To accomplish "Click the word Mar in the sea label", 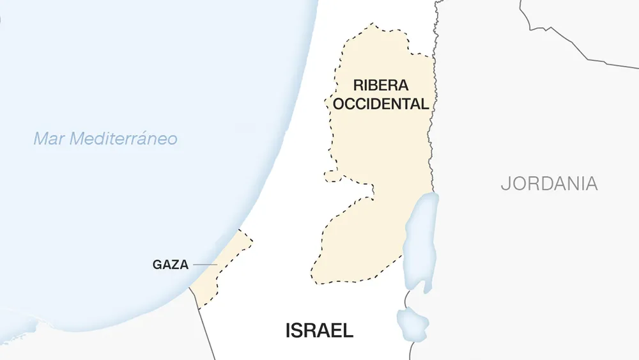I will point(49,139).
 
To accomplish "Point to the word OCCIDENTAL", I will point(380,104).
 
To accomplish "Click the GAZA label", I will point(170,265).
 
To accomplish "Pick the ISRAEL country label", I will point(319,331).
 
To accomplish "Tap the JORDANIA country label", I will point(549,184).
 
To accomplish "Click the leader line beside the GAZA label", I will point(204,265).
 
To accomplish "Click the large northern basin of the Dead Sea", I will point(422,237).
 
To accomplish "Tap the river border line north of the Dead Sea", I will point(433,128).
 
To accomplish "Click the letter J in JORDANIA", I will point(505,184).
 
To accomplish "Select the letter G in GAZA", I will point(157,265).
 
